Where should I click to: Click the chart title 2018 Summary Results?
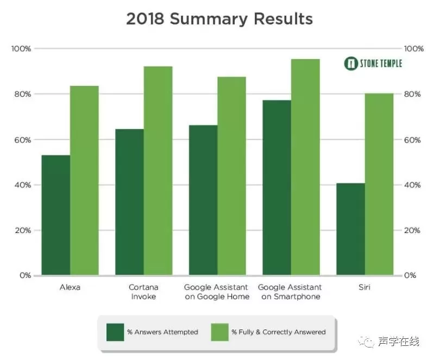(x=219, y=19)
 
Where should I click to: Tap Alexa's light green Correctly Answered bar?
(x=84, y=180)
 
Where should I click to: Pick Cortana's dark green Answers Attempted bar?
(x=129, y=202)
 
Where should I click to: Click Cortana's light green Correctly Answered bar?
(x=158, y=170)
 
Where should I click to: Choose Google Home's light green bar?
(x=232, y=176)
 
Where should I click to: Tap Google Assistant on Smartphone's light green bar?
(x=305, y=167)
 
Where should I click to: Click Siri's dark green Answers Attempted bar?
(x=350, y=229)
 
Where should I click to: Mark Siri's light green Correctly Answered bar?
(x=379, y=185)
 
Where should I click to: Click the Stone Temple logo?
(x=373, y=64)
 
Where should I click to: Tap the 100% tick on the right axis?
(x=413, y=49)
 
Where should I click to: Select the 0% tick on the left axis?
(x=25, y=275)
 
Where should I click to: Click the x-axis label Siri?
(x=365, y=287)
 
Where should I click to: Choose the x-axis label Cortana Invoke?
(x=143, y=292)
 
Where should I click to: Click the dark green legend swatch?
(x=115, y=331)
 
